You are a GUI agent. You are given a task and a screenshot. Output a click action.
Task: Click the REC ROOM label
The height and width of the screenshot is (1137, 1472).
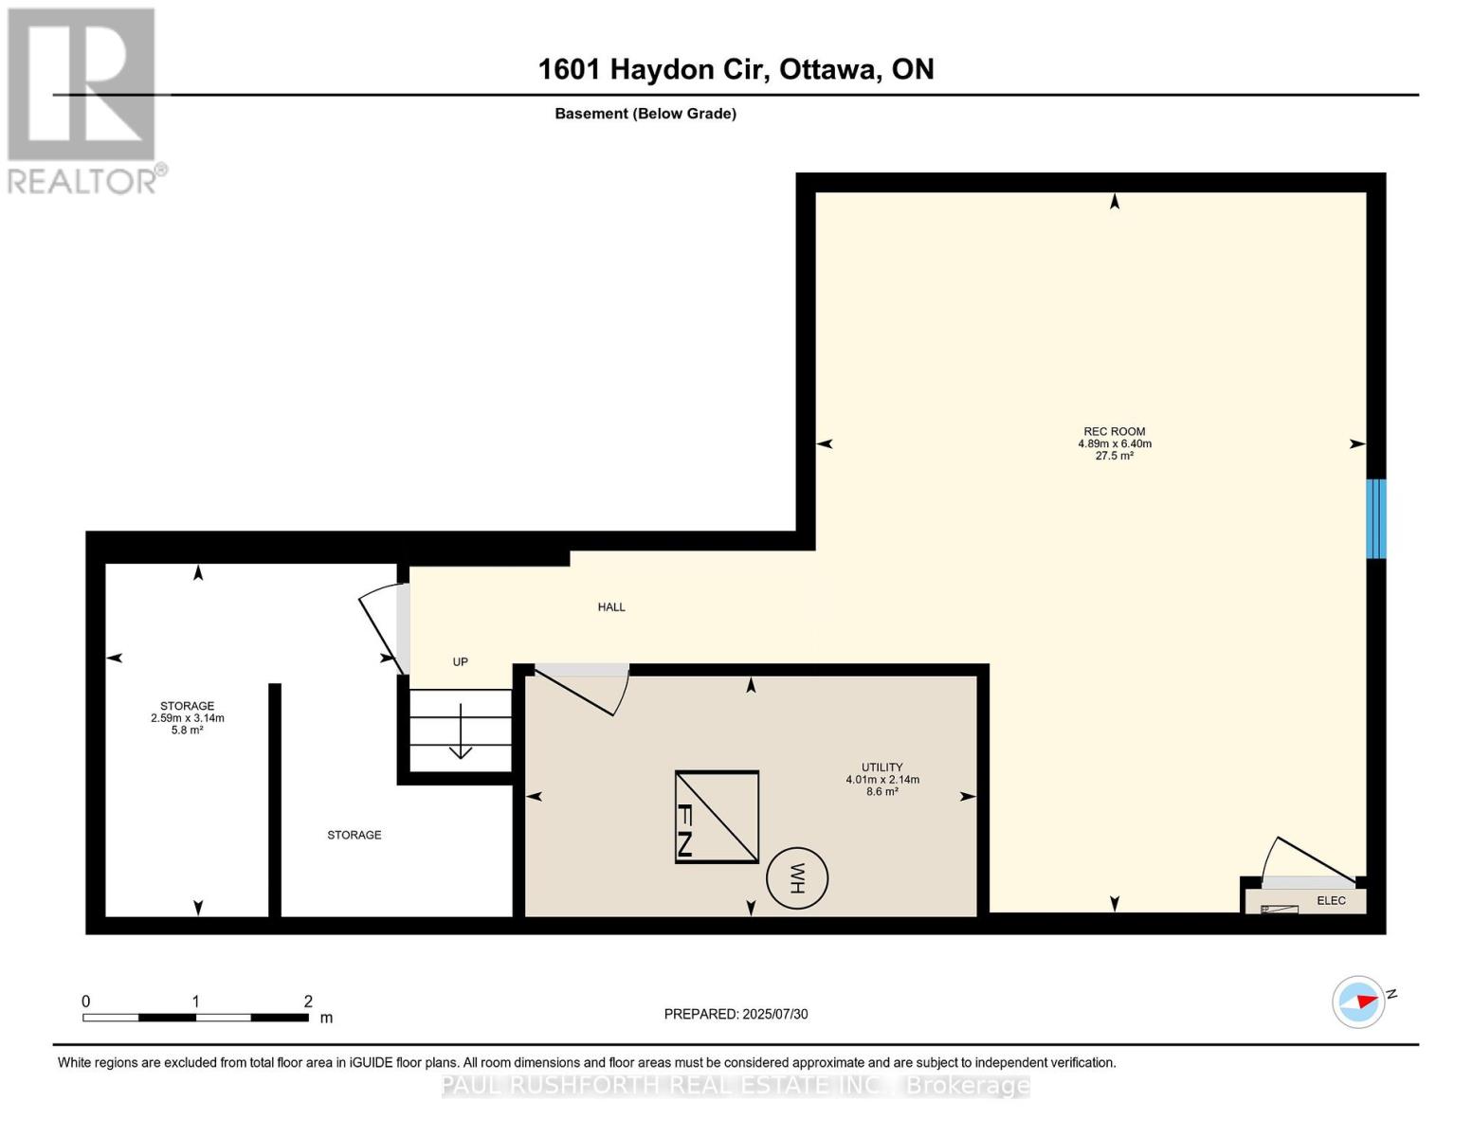click(x=1115, y=431)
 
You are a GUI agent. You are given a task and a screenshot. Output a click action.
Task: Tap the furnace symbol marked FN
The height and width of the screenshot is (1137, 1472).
click(x=717, y=817)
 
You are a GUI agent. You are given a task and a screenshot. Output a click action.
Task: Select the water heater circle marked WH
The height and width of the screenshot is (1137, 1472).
click(x=796, y=879)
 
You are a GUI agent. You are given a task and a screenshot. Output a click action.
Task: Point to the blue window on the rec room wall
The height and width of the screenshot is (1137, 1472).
click(x=1376, y=518)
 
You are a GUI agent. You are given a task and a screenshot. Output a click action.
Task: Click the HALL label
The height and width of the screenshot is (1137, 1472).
click(x=611, y=607)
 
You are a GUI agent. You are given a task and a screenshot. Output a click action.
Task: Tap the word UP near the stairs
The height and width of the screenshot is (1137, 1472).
click(x=460, y=661)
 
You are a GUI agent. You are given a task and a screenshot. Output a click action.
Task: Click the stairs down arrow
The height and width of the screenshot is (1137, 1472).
click(x=461, y=731)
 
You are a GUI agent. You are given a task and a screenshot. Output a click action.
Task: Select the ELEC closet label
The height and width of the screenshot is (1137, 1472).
click(x=1331, y=901)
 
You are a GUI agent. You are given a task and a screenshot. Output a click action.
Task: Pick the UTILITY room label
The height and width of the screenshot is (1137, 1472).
click(x=882, y=767)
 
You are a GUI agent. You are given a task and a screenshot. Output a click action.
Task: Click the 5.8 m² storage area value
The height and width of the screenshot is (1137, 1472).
click(x=187, y=730)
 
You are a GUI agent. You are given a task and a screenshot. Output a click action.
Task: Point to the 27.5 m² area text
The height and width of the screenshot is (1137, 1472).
click(x=1115, y=456)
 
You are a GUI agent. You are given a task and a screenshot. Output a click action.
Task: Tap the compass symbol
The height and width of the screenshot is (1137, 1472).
click(x=1358, y=1002)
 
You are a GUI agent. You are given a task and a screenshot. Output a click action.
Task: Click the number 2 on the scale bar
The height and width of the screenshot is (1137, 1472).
click(x=308, y=1002)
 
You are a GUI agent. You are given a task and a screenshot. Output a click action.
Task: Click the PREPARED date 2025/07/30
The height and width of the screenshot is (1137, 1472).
click(x=775, y=1014)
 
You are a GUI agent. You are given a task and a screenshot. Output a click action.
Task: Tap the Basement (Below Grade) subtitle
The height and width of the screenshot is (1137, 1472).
click(x=645, y=114)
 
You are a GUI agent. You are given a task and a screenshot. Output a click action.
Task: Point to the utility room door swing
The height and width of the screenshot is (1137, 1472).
click(x=582, y=690)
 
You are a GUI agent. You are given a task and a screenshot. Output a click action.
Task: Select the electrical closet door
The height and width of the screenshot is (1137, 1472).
click(x=1308, y=861)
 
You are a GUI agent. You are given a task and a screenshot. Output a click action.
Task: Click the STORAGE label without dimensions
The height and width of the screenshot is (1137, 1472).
click(x=354, y=835)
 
